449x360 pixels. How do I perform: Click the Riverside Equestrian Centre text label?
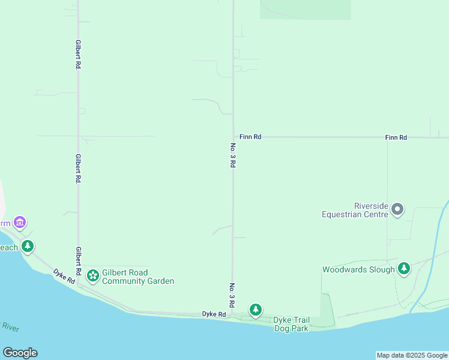coord(355,209)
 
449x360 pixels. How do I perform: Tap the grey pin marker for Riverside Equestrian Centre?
coord(397,209)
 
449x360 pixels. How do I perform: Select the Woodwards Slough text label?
coord(358,270)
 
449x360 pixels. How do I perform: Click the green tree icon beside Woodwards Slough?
coord(405,268)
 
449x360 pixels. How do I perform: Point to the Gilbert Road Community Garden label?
coord(138,277)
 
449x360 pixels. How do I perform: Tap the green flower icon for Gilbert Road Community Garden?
coord(93,275)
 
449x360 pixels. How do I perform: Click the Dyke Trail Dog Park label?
coord(291,324)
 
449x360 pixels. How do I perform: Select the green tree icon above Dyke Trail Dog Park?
coord(256,310)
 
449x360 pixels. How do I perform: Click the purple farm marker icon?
coord(20,223)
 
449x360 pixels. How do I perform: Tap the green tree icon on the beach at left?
coord(27,246)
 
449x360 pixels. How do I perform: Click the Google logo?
coord(20,353)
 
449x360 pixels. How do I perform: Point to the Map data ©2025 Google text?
coord(412,355)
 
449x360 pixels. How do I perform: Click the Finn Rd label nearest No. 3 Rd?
coord(250,137)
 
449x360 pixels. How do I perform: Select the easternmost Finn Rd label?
coord(396,137)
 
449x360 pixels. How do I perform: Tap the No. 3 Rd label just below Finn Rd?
coord(233,154)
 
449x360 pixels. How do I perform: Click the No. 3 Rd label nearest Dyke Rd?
coord(232,294)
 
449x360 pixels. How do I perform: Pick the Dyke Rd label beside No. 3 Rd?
coord(214,314)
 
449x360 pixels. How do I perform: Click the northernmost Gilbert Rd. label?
coord(78,55)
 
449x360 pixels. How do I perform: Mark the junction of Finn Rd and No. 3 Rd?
coord(234,137)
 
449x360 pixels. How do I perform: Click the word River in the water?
coord(11,327)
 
